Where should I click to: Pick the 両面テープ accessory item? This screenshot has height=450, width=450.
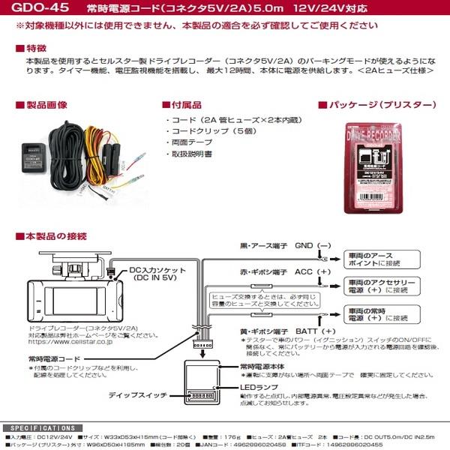[190, 142]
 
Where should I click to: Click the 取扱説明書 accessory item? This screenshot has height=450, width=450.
[193, 154]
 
